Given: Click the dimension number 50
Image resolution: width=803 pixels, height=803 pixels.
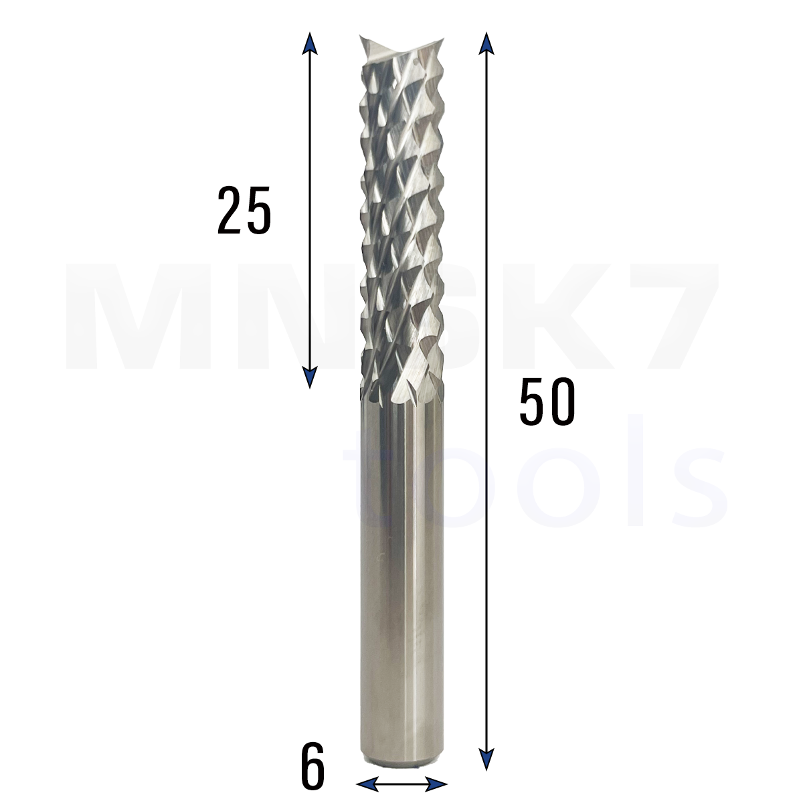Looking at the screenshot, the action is pyautogui.click(x=547, y=401).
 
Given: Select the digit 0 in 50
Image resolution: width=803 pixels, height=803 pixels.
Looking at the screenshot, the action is pyautogui.click(x=562, y=401).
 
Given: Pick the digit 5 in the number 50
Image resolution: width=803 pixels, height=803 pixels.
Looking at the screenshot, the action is pyautogui.click(x=532, y=401).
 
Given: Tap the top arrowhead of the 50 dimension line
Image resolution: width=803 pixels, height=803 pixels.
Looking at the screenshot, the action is pyautogui.click(x=486, y=43).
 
